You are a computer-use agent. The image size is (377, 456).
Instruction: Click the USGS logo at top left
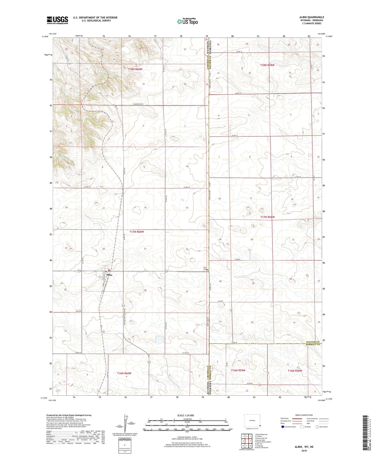57,20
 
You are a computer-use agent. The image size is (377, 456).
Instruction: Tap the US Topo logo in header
187,22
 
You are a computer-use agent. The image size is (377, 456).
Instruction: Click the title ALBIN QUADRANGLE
312,17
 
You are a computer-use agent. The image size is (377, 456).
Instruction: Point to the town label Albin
109,275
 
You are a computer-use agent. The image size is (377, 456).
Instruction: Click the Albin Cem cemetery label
205,269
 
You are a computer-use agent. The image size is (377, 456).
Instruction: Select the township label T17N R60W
137,232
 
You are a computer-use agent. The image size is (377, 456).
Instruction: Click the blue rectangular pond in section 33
159,340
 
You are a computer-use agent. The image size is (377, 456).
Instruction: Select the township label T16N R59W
238,370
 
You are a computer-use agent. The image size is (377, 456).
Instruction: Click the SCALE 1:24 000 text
185,415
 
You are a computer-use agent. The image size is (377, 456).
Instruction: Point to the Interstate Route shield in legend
283,427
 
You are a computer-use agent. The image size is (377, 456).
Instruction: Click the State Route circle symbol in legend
317,427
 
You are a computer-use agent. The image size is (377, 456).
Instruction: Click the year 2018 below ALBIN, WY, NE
304,451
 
